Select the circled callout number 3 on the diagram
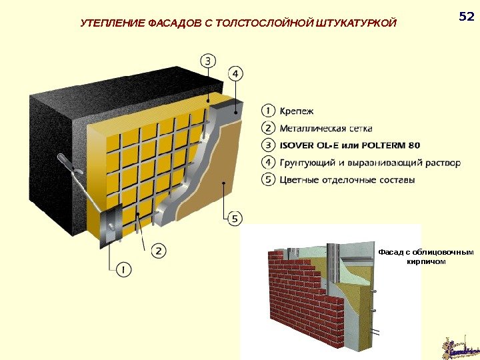pos(208,61)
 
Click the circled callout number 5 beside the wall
pos(235,217)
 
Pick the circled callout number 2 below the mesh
pos(159,251)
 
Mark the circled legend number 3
pos(267,145)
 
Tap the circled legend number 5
pos(267,180)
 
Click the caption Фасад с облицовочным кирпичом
pos(425,257)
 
